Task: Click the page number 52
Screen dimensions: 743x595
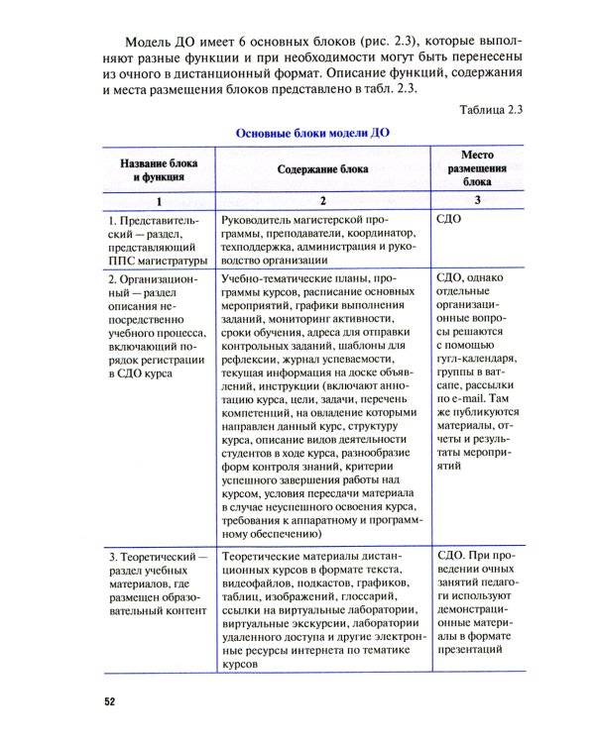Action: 110,702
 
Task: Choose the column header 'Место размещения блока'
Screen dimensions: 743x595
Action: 477,168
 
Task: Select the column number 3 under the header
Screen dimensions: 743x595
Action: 477,200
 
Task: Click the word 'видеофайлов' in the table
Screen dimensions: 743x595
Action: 261,590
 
